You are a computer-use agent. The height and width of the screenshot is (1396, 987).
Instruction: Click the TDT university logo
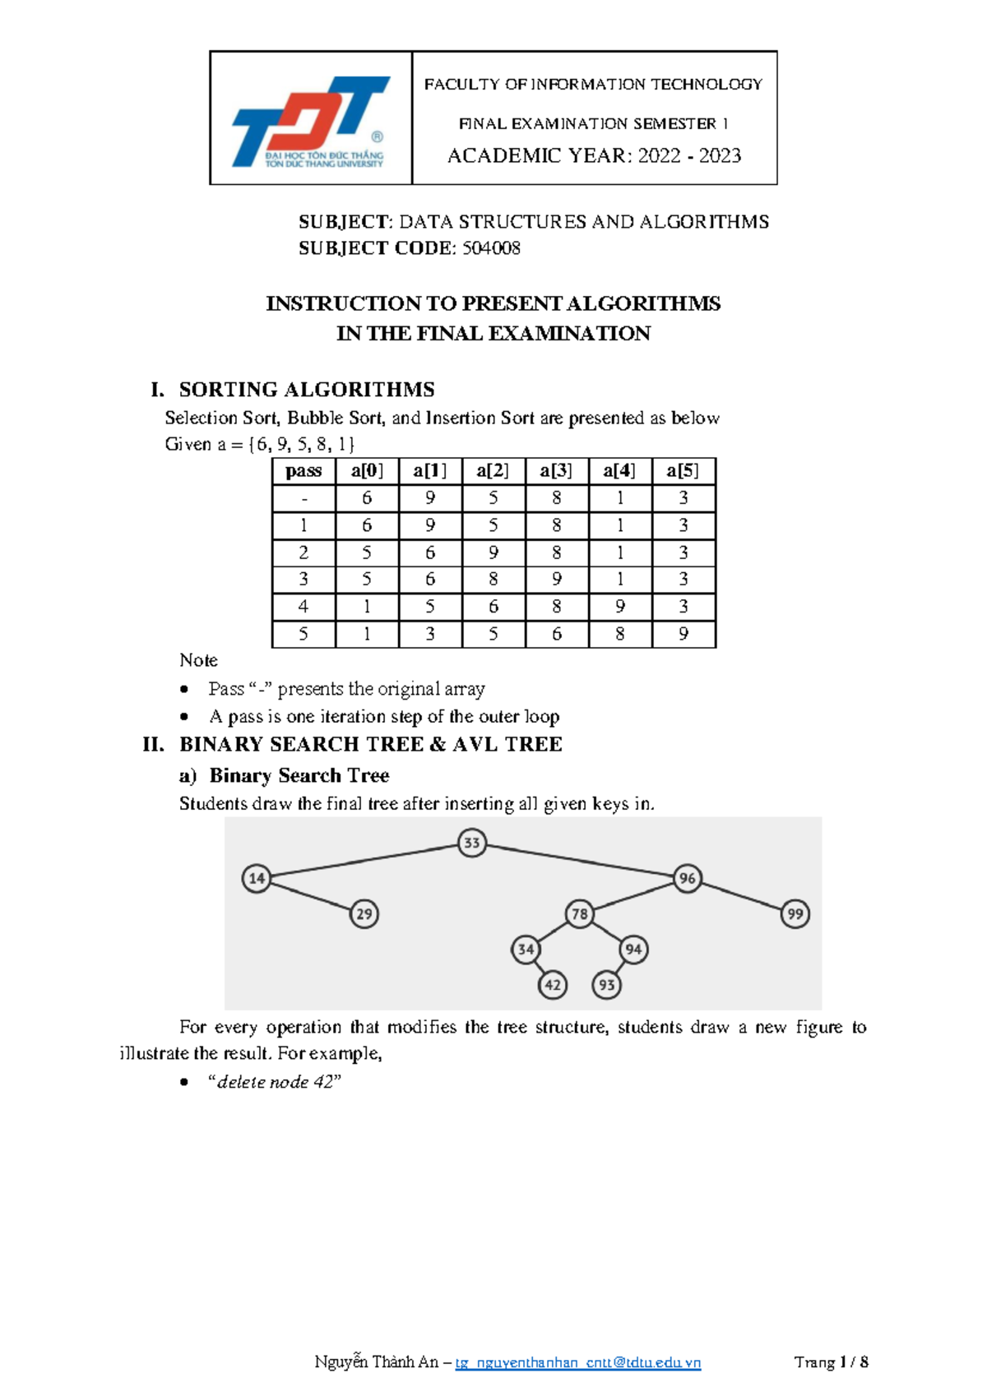[311, 121]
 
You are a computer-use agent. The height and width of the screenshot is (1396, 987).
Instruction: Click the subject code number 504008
[490, 248]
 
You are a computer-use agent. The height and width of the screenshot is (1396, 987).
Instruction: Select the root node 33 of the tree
[471, 843]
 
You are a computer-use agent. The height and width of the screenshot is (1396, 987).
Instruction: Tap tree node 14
[257, 878]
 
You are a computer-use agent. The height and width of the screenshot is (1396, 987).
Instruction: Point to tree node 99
[795, 913]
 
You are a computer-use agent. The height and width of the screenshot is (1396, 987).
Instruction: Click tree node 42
[553, 985]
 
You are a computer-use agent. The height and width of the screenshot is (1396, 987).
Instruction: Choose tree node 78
[580, 913]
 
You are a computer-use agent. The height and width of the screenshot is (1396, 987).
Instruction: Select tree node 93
[607, 985]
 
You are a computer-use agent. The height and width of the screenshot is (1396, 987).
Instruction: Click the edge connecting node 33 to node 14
[364, 860]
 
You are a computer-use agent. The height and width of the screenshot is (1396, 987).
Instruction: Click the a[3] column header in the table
[557, 471]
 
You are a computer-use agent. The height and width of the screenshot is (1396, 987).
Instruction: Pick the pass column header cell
[304, 471]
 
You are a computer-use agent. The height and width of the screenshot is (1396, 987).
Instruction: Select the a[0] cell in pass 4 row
[367, 607]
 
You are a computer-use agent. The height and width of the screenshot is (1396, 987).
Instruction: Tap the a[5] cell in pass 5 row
[683, 634]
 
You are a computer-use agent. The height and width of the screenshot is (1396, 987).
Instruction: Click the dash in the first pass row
[304, 498]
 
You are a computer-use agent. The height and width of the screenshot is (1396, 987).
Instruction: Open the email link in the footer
[577, 1362]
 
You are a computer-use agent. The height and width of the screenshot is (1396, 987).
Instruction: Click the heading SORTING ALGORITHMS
[307, 389]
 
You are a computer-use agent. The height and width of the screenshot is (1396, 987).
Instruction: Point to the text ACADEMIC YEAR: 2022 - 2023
[594, 156]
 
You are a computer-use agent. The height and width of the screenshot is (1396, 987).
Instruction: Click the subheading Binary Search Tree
[299, 775]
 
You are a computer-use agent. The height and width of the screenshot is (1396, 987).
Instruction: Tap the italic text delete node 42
[275, 1082]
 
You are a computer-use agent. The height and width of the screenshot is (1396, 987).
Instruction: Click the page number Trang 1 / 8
[831, 1362]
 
